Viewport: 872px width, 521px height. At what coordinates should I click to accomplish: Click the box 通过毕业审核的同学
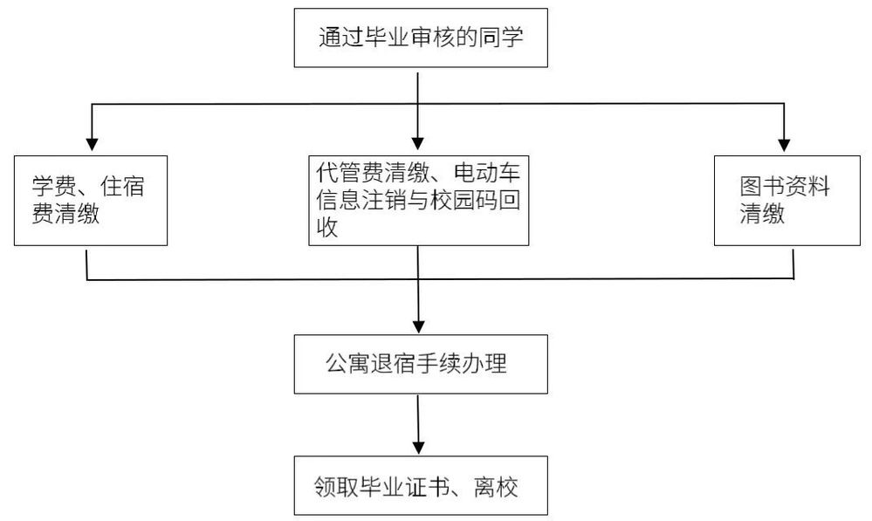click(x=421, y=38)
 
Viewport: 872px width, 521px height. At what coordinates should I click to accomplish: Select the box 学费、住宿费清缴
click(x=91, y=201)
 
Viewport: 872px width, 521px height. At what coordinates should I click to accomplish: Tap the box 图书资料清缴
click(x=787, y=201)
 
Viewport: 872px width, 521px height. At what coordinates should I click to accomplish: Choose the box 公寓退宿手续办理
click(x=421, y=364)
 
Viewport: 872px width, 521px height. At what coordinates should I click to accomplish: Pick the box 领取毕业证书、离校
click(x=421, y=486)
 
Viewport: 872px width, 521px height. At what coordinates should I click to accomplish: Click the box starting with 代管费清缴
click(x=418, y=201)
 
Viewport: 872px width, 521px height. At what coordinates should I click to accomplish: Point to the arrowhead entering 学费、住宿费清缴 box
click(x=92, y=144)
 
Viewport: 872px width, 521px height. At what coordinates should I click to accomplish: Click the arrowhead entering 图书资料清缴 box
click(x=784, y=144)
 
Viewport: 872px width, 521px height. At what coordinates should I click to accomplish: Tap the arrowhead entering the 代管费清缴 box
click(x=417, y=143)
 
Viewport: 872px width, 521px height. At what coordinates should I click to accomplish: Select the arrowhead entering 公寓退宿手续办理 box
click(x=418, y=326)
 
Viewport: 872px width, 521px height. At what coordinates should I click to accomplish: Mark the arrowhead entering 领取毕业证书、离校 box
click(x=418, y=447)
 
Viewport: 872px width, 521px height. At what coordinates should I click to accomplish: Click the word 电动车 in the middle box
click(x=487, y=173)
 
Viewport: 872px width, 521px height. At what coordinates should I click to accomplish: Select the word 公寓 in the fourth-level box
click(x=347, y=364)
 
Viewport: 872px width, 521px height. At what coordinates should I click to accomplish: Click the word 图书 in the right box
click(x=762, y=187)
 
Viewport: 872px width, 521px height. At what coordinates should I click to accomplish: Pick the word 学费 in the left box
click(x=54, y=186)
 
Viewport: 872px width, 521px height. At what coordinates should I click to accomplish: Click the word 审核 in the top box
click(x=433, y=38)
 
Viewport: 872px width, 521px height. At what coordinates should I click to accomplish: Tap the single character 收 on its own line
click(x=327, y=228)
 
